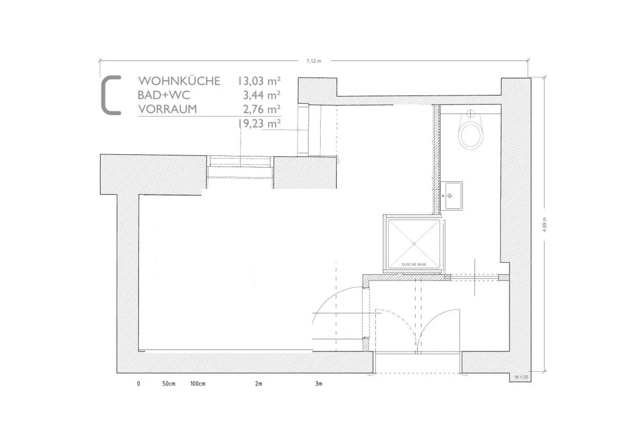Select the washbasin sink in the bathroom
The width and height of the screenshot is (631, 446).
click(x=453, y=196)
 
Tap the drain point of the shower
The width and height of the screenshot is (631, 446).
click(x=414, y=244)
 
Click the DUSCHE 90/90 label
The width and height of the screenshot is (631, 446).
click(x=414, y=265)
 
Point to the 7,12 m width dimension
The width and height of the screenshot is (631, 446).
click(x=314, y=61)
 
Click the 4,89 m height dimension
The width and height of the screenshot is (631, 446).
click(x=545, y=224)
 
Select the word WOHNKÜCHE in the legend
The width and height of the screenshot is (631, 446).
click(x=179, y=81)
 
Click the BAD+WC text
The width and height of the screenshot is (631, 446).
click(x=164, y=95)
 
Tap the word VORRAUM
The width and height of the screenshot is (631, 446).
click(x=168, y=109)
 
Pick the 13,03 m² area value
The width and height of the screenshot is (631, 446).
click(x=259, y=81)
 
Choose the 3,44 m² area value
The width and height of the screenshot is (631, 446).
click(x=261, y=95)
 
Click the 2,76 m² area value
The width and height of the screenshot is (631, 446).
click(x=261, y=109)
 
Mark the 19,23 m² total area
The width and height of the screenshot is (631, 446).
click(x=259, y=123)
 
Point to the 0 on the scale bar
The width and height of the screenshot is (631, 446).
click(x=139, y=383)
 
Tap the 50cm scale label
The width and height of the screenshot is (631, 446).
click(x=169, y=383)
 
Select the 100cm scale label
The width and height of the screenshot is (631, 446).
click(x=198, y=383)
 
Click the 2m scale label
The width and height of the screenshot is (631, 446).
click(x=259, y=383)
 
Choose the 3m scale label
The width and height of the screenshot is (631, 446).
click(x=319, y=383)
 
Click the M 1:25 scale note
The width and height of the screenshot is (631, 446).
click(x=522, y=377)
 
